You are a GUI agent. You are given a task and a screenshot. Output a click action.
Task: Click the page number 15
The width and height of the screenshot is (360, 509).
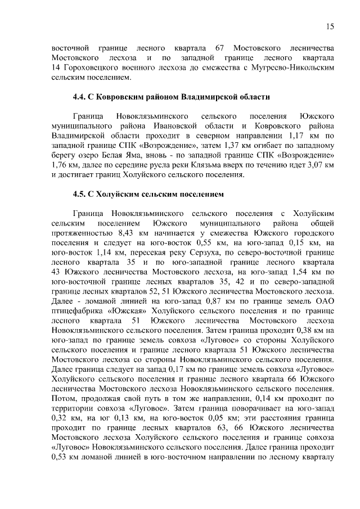330,26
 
